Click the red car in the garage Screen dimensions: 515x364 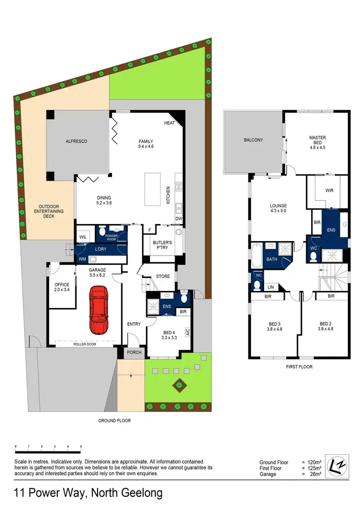(x=98, y=309)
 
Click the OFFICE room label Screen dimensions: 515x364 (x=62, y=285)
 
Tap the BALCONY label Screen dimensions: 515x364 (x=253, y=140)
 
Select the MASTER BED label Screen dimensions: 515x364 (x=317, y=140)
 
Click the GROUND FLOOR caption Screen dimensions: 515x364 (x=115, y=421)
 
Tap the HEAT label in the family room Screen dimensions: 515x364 (x=169, y=123)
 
